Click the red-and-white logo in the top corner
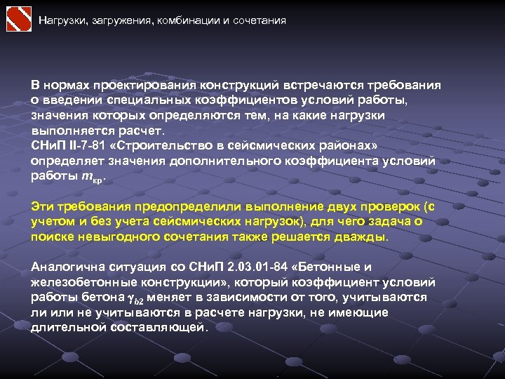point(18,19)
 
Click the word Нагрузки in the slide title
point(60,20)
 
